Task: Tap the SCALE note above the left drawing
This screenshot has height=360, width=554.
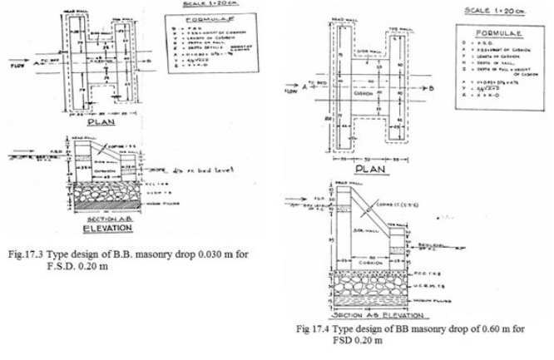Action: pos(200,5)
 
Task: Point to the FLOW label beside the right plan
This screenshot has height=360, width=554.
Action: pos(290,94)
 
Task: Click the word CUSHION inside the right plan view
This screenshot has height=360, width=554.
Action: pos(364,94)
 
